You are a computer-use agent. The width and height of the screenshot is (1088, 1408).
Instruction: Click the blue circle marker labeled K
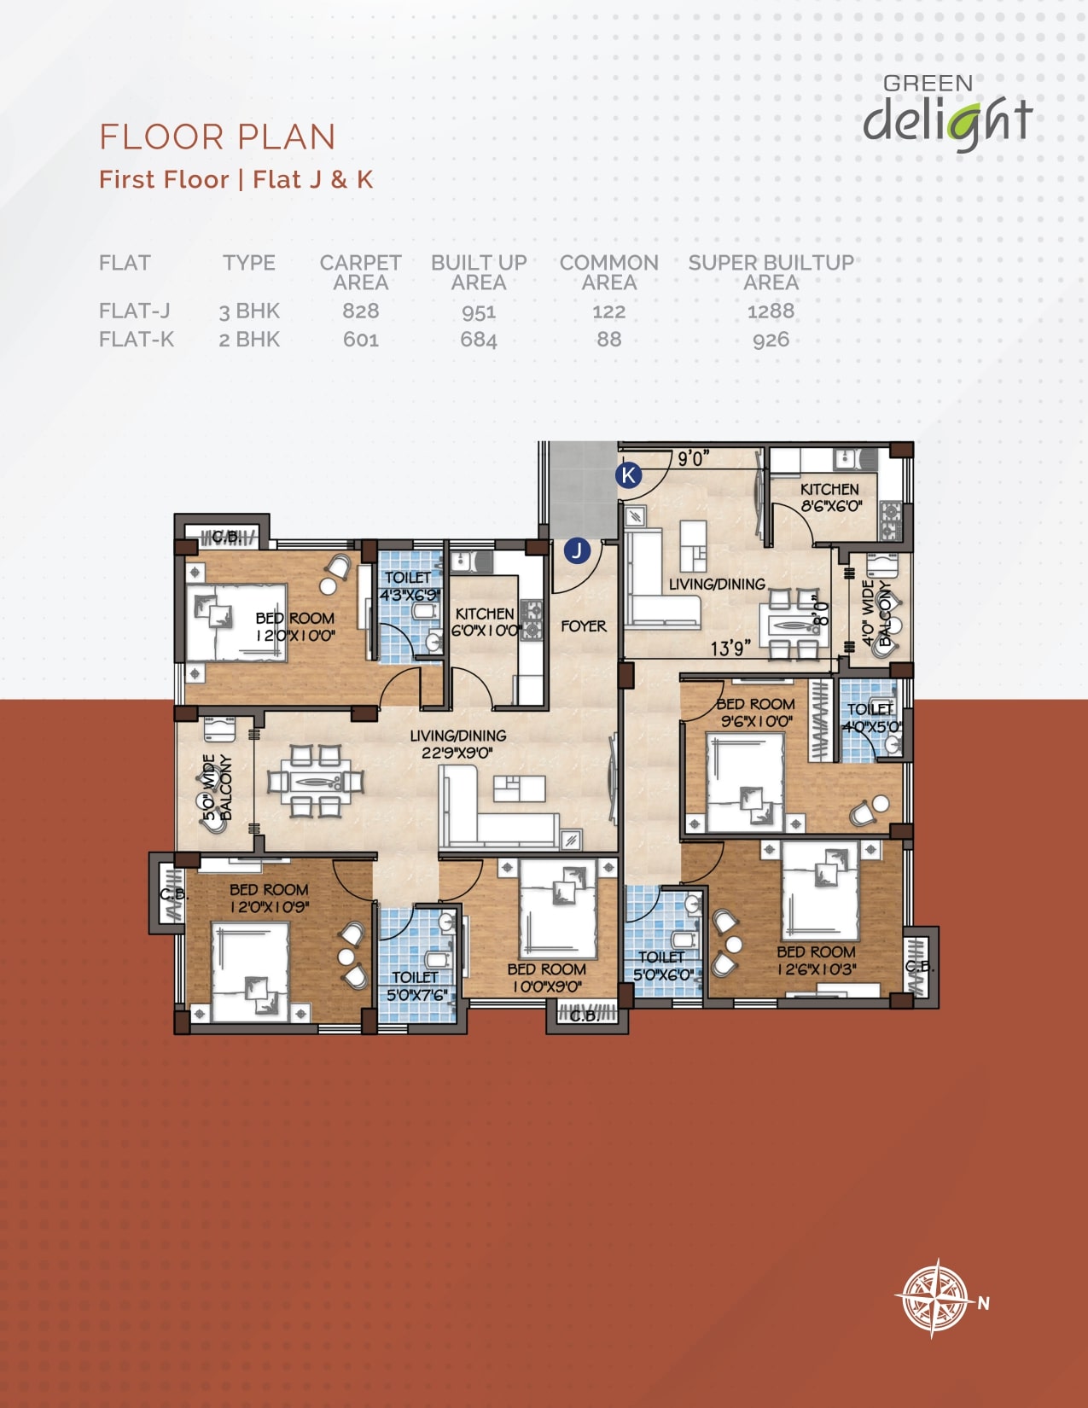click(x=629, y=475)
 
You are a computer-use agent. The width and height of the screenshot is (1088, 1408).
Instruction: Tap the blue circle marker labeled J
click(x=577, y=550)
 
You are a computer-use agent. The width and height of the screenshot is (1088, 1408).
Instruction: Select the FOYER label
click(x=584, y=626)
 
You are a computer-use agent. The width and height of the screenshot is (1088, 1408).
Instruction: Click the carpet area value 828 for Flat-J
click(x=361, y=311)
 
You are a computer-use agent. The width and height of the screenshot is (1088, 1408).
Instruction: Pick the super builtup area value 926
click(x=771, y=340)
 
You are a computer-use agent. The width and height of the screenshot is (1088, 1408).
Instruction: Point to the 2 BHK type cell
click(x=249, y=340)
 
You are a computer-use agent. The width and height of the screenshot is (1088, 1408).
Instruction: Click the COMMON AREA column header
click(x=609, y=272)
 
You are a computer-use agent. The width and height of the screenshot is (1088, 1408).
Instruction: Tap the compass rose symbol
click(x=933, y=1299)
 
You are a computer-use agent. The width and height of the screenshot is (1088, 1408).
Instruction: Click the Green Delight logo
click(x=948, y=113)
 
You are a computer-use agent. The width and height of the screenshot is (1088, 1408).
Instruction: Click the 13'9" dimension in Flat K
click(x=730, y=648)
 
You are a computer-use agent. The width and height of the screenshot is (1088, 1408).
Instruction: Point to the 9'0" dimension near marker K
click(x=694, y=459)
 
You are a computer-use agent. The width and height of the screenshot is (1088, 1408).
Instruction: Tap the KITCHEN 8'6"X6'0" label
click(x=830, y=497)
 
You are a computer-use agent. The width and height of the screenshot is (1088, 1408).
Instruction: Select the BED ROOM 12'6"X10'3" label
click(x=817, y=960)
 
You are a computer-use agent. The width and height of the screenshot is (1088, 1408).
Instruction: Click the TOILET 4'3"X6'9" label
click(x=409, y=586)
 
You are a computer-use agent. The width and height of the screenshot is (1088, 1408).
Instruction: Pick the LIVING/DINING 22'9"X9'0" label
click(x=458, y=744)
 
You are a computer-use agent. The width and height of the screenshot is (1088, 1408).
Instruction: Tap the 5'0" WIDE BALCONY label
click(x=217, y=788)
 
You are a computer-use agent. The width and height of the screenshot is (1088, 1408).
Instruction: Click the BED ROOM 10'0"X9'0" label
click(x=547, y=978)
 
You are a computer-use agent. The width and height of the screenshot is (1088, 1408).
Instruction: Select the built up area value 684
click(x=479, y=340)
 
